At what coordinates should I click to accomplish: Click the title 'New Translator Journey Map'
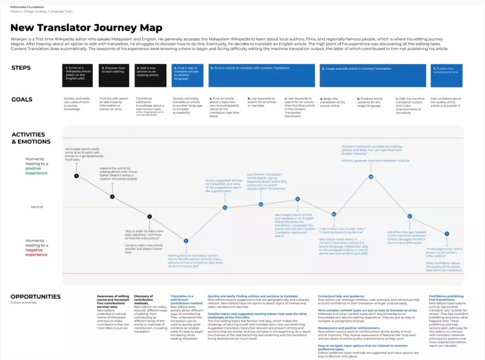click(86, 28)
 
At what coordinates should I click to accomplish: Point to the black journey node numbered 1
click(77, 175)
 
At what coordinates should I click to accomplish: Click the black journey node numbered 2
click(112, 197)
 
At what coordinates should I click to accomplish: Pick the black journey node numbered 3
click(149, 216)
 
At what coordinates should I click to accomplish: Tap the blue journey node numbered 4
click(186, 240)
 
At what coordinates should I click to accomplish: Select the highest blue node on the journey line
click(371, 177)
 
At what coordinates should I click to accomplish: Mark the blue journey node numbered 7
click(446, 233)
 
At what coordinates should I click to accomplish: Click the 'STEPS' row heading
click(21, 68)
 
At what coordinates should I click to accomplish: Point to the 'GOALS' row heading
click(22, 99)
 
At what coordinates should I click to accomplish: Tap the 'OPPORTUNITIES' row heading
click(36, 296)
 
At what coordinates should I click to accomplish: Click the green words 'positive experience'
click(37, 170)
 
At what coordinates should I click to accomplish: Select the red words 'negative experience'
click(37, 252)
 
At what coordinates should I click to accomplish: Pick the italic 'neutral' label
click(37, 207)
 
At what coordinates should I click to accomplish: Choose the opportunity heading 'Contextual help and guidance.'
click(341, 296)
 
